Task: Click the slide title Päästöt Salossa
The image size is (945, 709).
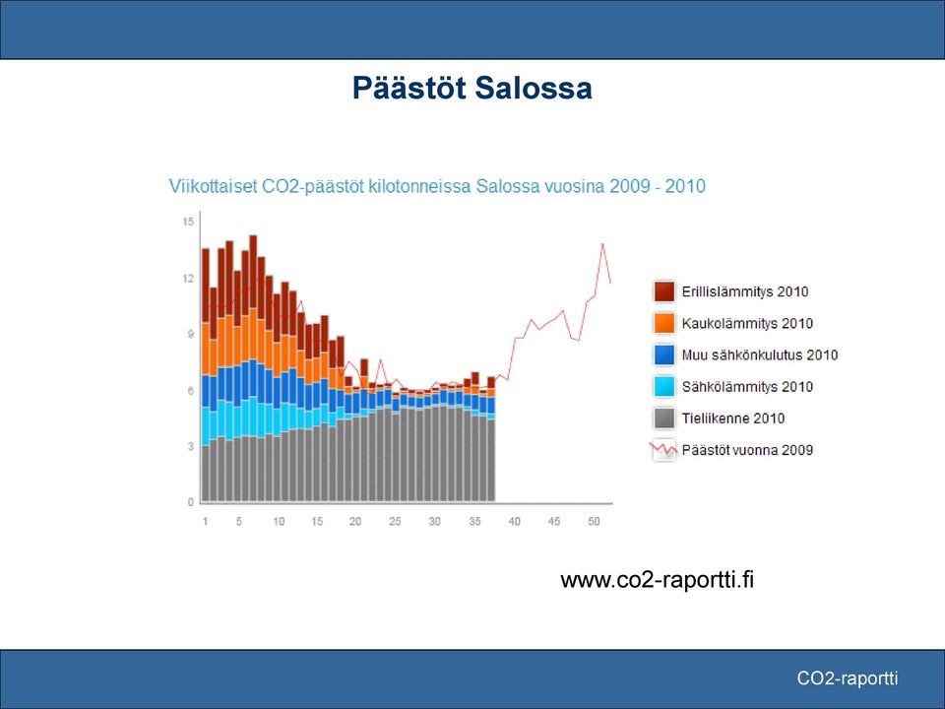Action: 472,89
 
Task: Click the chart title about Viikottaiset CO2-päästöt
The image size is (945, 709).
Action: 437,186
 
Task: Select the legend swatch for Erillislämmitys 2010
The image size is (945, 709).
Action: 664,291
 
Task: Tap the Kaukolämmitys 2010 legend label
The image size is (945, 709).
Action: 747,323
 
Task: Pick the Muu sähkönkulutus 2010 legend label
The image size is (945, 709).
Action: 760,355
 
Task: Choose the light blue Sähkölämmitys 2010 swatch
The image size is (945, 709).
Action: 664,386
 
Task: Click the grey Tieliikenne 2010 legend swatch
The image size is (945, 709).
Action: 664,418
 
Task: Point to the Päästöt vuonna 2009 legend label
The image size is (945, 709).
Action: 747,450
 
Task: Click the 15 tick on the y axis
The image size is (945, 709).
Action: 188,222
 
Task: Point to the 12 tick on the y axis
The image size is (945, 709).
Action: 188,278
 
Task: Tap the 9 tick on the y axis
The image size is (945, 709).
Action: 191,334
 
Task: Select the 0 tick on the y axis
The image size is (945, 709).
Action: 191,501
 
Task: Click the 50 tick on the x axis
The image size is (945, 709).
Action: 594,521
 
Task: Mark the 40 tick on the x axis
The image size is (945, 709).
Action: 514,521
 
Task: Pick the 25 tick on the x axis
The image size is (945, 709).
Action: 395,521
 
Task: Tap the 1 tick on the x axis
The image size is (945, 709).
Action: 206,521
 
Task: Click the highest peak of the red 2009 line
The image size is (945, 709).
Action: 602,243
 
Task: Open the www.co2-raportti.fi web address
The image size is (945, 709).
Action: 657,580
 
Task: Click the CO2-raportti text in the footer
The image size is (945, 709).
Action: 848,678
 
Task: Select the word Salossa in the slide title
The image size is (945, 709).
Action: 534,89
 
